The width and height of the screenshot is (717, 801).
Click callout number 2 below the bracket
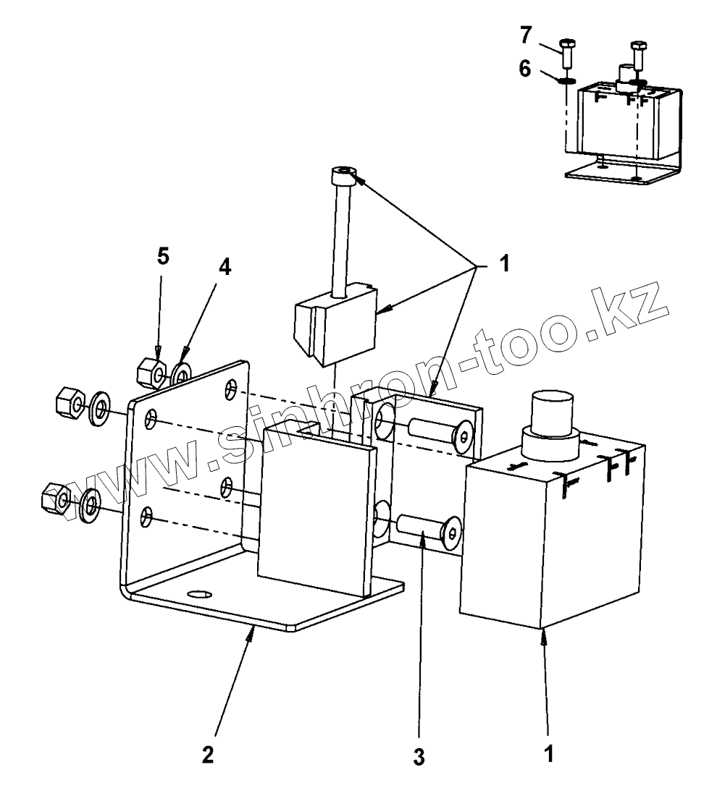pyautogui.click(x=208, y=754)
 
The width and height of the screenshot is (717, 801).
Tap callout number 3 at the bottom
pyautogui.click(x=419, y=757)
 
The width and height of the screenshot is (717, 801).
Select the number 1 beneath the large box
pyautogui.click(x=549, y=754)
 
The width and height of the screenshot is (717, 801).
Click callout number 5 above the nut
pyautogui.click(x=164, y=257)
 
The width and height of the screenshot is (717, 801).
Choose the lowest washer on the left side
pyautogui.click(x=90, y=505)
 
